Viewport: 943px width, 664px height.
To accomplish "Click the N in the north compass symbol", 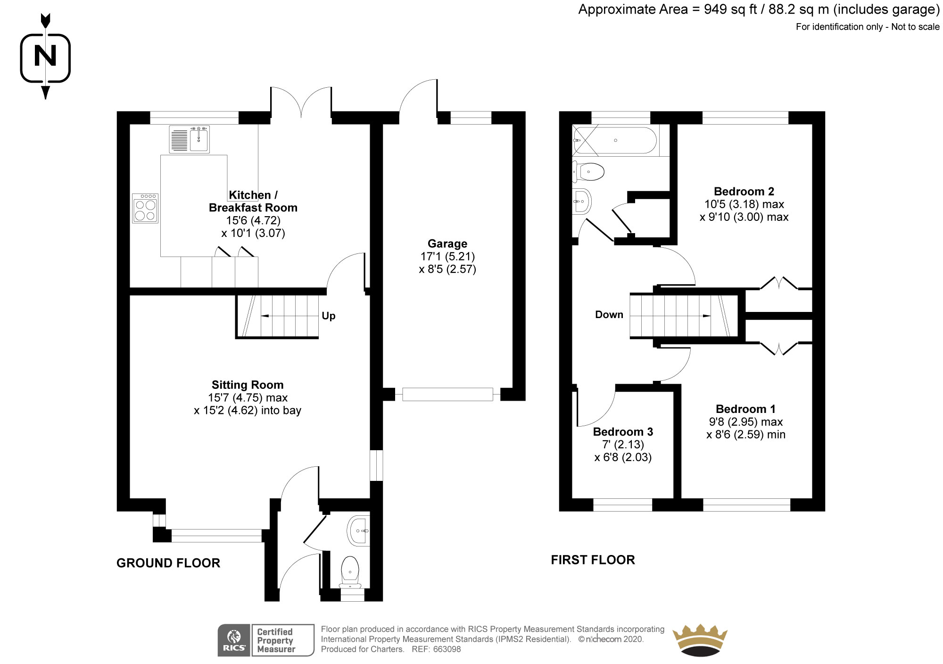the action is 46,56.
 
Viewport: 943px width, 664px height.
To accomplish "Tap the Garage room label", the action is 447,244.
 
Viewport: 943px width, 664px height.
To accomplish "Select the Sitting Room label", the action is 248,385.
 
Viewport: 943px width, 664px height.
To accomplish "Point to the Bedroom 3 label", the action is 623,431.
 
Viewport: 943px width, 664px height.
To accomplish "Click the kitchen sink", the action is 190,139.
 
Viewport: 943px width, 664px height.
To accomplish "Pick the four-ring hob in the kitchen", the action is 145,209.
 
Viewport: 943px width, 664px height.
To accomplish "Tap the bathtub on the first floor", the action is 614,141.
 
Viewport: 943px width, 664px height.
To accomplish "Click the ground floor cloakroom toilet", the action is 350,572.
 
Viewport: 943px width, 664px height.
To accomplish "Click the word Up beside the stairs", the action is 329,316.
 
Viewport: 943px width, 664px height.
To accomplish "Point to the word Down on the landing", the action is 609,315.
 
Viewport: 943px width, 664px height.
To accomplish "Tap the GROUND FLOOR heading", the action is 168,563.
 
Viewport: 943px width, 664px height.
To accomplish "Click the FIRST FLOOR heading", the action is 593,560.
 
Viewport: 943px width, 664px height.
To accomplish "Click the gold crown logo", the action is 700,640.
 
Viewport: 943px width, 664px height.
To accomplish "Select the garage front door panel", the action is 447,394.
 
